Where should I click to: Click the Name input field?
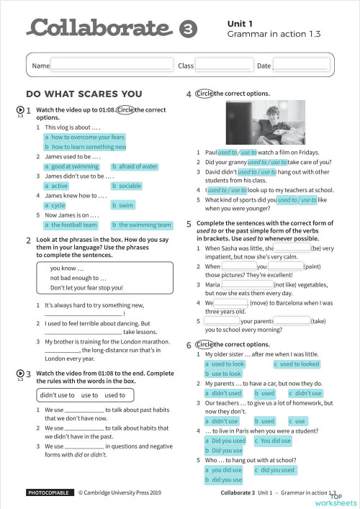(x=111, y=66)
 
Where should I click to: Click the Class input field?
(x=223, y=66)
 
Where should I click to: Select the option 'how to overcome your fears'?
(x=84, y=137)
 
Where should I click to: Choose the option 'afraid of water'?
(x=135, y=166)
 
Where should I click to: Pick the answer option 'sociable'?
(x=127, y=186)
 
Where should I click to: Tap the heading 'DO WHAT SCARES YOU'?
(x=84, y=94)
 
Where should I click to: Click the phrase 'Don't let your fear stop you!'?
(x=86, y=288)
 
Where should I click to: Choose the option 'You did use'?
(x=273, y=440)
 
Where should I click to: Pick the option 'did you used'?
(x=274, y=470)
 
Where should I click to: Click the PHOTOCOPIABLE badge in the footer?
(x=48, y=493)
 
